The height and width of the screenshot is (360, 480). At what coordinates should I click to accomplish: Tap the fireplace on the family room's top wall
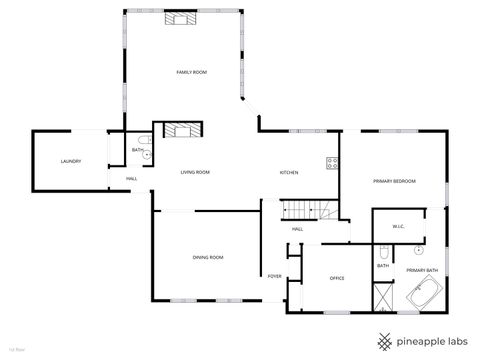(181, 17)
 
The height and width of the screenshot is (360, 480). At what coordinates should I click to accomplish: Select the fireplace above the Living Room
(181, 129)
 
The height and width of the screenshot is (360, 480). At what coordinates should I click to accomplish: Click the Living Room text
(195, 172)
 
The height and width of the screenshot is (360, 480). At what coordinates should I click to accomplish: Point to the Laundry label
(70, 161)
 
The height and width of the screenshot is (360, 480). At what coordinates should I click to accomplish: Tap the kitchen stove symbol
(329, 163)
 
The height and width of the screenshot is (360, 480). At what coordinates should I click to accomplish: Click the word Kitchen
(289, 172)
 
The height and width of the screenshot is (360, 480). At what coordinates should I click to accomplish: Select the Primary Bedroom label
(394, 181)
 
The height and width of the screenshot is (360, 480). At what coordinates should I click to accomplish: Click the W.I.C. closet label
(397, 225)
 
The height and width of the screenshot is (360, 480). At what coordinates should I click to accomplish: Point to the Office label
(337, 278)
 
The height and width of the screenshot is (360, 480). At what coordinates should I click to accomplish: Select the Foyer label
(274, 276)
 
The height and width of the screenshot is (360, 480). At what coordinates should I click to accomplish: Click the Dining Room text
(207, 258)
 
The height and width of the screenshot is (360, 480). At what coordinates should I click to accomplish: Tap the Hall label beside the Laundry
(132, 179)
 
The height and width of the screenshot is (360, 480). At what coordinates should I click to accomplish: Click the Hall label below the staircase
(297, 229)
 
